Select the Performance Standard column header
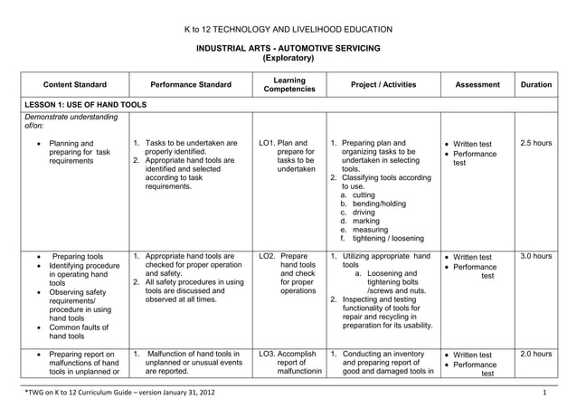pyautogui.click(x=191, y=85)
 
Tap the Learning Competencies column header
pyautogui.click(x=288, y=85)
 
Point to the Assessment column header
pyautogui.click(x=478, y=85)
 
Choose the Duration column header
pyautogui.click(x=536, y=85)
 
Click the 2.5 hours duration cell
pyautogui.click(x=536, y=143)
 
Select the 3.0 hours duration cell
pyautogui.click(x=536, y=257)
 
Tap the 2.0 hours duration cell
pyautogui.click(x=536, y=354)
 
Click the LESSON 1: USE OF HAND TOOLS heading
pyautogui.click(x=85, y=105)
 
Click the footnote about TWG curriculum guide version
pyautogui.click(x=119, y=394)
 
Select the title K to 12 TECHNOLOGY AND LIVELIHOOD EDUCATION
pyautogui.click(x=288, y=29)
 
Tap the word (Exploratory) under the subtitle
pyautogui.click(x=288, y=58)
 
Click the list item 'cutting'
pyautogui.click(x=363, y=195)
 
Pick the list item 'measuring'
pyautogui.click(x=366, y=229)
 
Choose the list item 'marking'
pyautogui.click(x=364, y=218)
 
